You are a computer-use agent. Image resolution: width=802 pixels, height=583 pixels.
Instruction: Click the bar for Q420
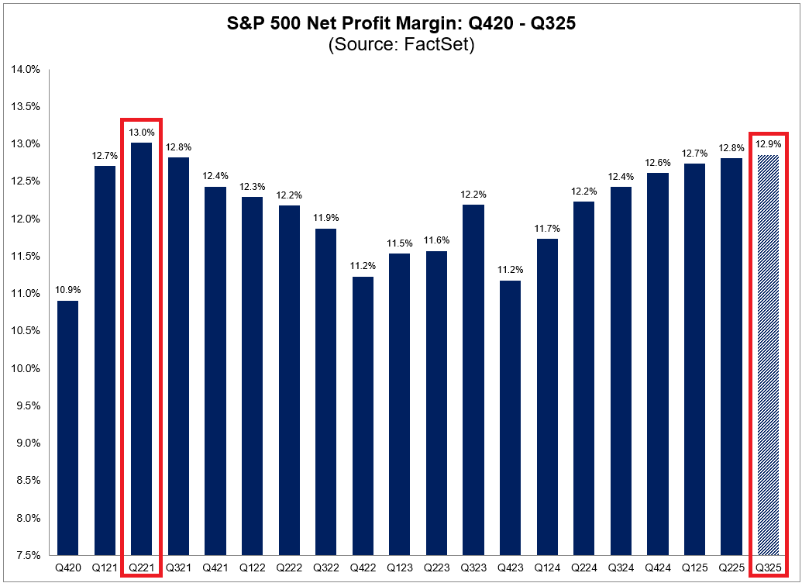click(x=67, y=427)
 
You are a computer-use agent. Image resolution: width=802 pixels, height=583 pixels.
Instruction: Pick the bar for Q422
click(x=363, y=416)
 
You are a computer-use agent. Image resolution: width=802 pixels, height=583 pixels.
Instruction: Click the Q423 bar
click(x=510, y=417)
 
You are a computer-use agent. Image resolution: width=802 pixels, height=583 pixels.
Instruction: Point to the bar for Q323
click(x=473, y=380)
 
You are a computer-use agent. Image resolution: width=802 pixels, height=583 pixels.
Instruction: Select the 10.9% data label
click(x=67, y=291)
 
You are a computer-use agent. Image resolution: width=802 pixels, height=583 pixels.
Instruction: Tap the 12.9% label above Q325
click(x=768, y=145)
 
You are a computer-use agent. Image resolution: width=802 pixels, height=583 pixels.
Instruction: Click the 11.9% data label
click(x=325, y=219)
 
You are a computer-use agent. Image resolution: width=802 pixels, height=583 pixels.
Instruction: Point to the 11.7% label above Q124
click(x=546, y=229)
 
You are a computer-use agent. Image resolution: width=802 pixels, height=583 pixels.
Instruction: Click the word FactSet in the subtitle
click(x=438, y=44)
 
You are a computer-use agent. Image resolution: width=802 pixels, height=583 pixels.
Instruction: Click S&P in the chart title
click(x=246, y=24)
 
